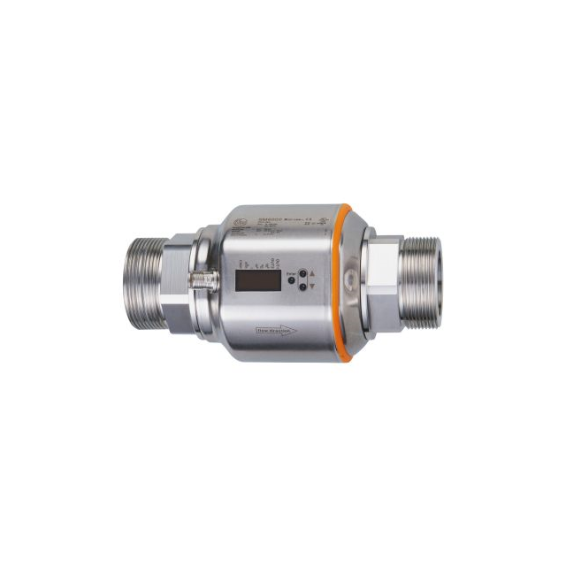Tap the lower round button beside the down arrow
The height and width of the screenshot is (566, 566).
[302, 286]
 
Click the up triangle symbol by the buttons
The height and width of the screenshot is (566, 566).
[311, 274]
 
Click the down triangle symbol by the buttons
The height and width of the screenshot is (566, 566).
[311, 287]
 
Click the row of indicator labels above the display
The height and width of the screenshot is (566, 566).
[259, 263]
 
